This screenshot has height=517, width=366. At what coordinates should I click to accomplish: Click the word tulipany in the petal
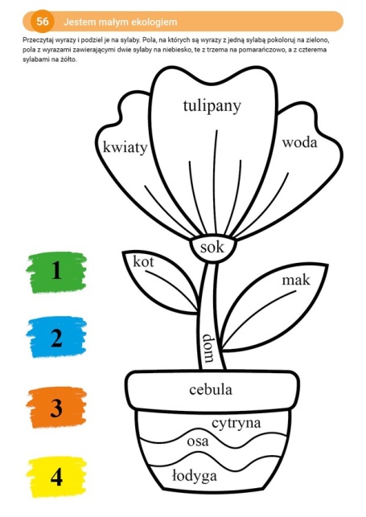click(212, 107)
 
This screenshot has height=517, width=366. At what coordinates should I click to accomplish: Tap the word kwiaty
click(125, 147)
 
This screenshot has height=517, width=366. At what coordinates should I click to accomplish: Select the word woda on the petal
click(299, 143)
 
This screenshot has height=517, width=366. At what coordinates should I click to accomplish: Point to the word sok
click(212, 247)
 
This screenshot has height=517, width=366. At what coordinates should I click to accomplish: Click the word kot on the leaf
click(143, 262)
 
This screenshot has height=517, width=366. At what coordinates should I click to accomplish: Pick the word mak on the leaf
click(296, 280)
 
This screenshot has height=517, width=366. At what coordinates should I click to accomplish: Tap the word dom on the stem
click(208, 348)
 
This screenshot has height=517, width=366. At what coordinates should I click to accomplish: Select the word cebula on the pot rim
click(211, 390)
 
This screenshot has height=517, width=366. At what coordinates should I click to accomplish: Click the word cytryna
click(236, 424)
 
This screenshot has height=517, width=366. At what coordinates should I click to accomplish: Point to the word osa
click(198, 441)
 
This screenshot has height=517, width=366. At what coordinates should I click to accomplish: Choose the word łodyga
click(195, 476)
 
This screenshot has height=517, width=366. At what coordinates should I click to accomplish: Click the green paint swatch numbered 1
click(57, 273)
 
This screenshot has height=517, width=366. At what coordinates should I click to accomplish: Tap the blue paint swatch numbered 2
click(57, 337)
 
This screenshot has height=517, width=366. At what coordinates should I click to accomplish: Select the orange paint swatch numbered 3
click(57, 407)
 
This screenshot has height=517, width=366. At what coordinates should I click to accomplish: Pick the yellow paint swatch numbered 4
click(57, 477)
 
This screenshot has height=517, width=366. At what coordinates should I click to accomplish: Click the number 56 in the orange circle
click(43, 22)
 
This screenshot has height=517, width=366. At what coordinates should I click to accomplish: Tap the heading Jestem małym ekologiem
click(121, 22)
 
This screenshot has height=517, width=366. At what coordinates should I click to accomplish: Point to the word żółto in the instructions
click(68, 59)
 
